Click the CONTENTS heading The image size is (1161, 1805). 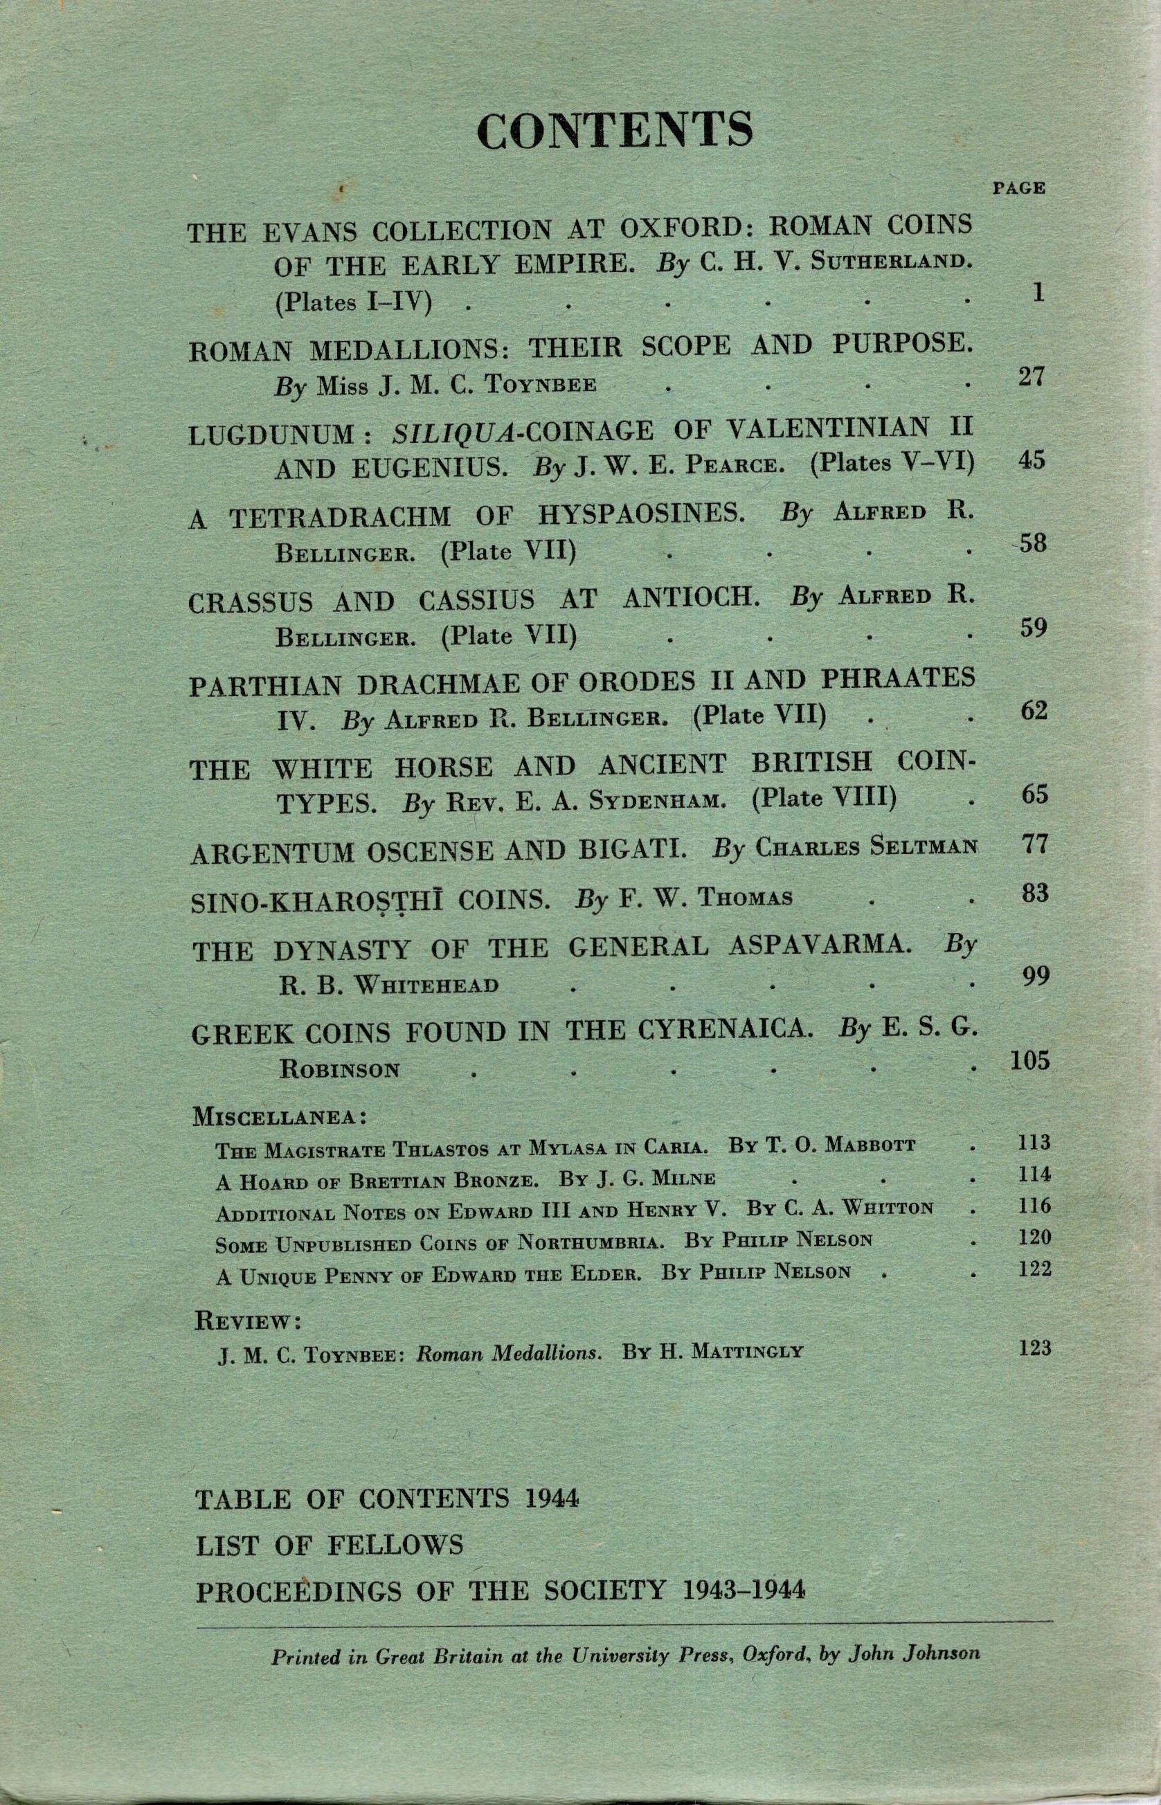[615, 129]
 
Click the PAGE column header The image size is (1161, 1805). [1018, 188]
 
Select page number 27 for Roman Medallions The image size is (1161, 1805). [1032, 376]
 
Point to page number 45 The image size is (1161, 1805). [1031, 460]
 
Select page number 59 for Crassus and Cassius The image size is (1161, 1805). [1033, 627]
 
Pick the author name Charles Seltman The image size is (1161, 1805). [865, 848]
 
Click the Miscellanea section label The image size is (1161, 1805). [280, 1117]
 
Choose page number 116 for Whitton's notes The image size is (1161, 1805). [1034, 1206]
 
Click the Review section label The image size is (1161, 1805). [248, 1321]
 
